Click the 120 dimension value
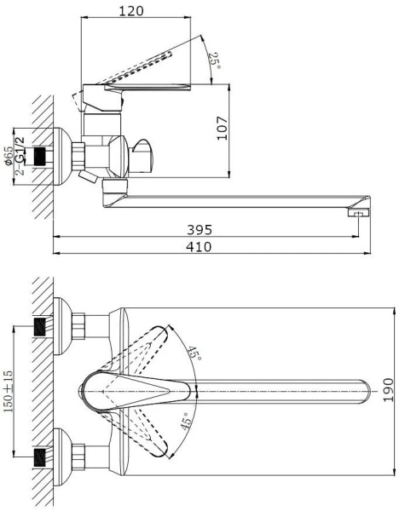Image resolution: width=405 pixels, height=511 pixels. click(130, 11)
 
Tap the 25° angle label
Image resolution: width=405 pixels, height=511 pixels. click(215, 60)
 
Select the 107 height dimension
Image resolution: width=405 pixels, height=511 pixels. click(223, 128)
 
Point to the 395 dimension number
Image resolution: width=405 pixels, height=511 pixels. click(200, 230)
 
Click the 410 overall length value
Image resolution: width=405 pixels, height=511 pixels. click(199, 247)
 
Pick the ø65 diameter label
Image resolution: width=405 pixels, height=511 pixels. click(9, 156)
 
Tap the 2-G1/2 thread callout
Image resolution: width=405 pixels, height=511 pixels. click(20, 156)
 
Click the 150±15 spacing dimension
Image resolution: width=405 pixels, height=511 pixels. click(9, 391)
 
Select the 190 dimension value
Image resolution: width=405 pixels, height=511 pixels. click(388, 390)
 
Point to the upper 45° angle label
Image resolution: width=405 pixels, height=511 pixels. click(194, 353)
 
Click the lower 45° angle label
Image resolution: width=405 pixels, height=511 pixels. click(185, 421)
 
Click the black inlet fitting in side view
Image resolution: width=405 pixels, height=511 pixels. click(40, 157)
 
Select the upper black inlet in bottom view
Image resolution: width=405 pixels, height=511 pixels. click(40, 326)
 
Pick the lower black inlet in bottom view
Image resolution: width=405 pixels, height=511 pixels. click(40, 456)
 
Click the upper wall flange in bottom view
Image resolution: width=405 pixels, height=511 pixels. click(61, 326)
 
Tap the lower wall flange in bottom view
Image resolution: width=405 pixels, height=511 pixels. click(61, 456)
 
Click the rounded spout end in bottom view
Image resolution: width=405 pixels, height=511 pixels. click(366, 392)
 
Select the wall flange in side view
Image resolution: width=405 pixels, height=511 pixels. click(62, 157)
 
